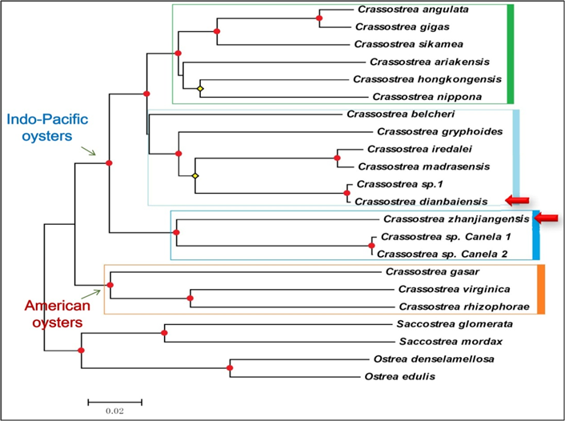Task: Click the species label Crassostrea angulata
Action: [x=413, y=10]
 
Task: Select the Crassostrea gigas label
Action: [x=402, y=27]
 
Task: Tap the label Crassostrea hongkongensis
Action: [x=427, y=79]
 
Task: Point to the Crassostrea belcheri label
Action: [x=400, y=114]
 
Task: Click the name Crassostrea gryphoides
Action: [x=439, y=132]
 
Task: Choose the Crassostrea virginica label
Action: [x=454, y=290]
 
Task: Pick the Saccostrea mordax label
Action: [x=451, y=342]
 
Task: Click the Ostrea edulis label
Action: [x=399, y=377]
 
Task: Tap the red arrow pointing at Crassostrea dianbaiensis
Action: [x=517, y=200]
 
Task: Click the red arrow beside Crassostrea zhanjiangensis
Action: [x=546, y=218]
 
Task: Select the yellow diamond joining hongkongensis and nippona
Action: [x=200, y=89]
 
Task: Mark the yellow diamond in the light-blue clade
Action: [x=195, y=176]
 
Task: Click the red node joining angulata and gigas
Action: [x=319, y=18]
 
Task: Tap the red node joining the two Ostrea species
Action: [x=230, y=368]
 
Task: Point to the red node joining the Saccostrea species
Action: [x=164, y=333]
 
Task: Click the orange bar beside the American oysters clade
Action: [x=541, y=290]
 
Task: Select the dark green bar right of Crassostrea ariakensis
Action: [x=510, y=54]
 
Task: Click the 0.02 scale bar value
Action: [x=115, y=411]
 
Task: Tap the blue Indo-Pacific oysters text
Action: [x=47, y=127]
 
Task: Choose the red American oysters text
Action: [x=58, y=314]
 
